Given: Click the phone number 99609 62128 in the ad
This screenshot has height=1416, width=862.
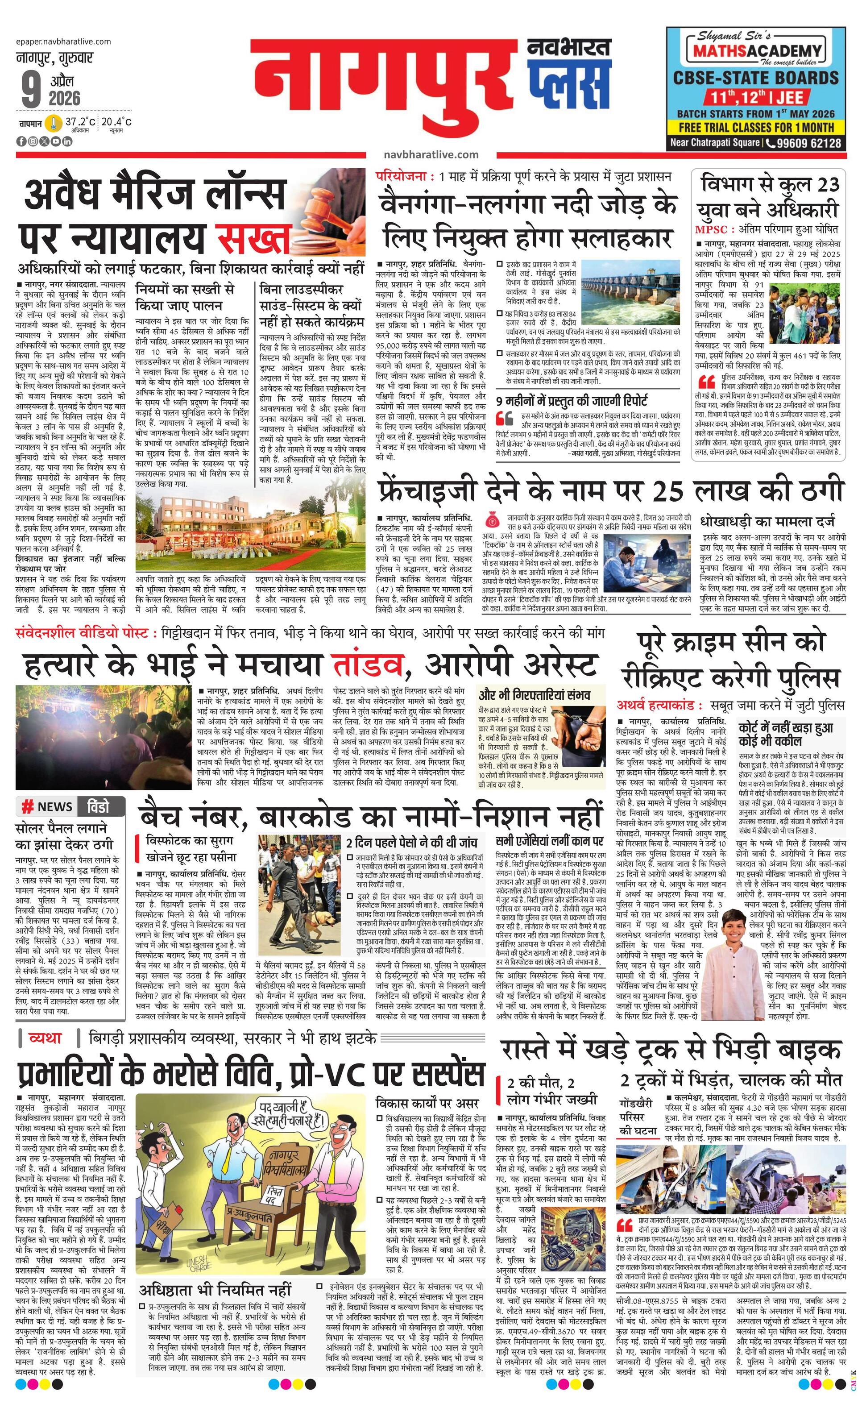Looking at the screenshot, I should coord(808,143).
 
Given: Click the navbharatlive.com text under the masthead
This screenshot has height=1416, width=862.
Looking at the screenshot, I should coord(431,154).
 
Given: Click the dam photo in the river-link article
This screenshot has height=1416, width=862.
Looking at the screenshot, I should coord(630,291).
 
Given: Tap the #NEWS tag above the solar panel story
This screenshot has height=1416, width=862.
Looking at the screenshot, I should coord(46,807).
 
